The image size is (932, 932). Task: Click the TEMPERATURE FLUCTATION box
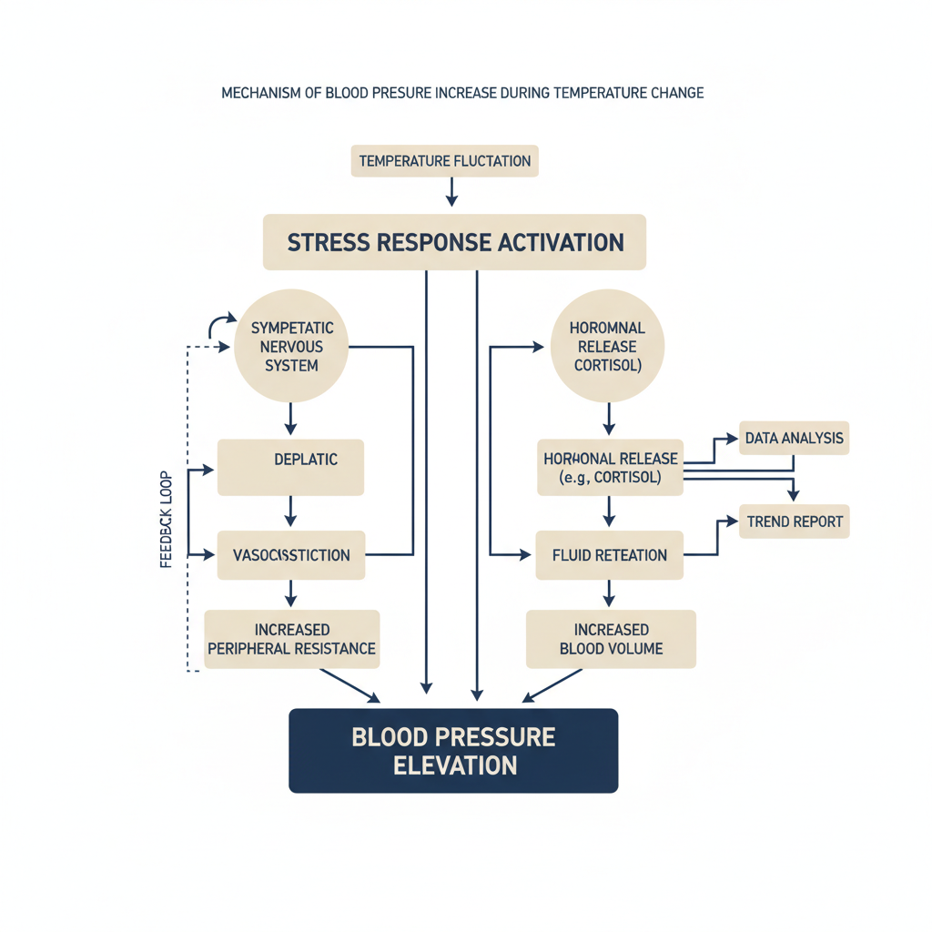(x=444, y=161)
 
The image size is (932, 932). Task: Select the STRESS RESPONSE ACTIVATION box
(x=455, y=242)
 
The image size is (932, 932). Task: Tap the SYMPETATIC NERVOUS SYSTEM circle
(x=291, y=346)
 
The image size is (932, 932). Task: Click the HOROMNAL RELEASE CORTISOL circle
(x=607, y=346)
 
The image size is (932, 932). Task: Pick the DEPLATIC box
(x=290, y=467)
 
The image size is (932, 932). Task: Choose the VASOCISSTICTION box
(x=291, y=555)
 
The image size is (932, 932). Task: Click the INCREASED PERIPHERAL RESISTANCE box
(x=292, y=639)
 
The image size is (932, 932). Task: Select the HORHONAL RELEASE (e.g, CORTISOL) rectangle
(x=611, y=467)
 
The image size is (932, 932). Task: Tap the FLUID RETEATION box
(x=610, y=555)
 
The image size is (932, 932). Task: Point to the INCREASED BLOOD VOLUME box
(x=611, y=639)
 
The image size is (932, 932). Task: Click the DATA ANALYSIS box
(x=794, y=438)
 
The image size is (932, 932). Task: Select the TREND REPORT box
(x=795, y=522)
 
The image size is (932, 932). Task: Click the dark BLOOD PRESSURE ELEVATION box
(x=453, y=751)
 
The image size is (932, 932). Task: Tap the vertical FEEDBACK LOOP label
(x=166, y=520)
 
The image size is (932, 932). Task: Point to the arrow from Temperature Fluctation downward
(x=451, y=192)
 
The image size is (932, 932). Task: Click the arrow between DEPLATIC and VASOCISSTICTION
(x=290, y=512)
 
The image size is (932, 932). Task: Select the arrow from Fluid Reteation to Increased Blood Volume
(x=609, y=593)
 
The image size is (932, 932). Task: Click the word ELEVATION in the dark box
(x=455, y=765)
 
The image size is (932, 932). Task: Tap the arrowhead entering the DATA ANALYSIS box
(x=733, y=439)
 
